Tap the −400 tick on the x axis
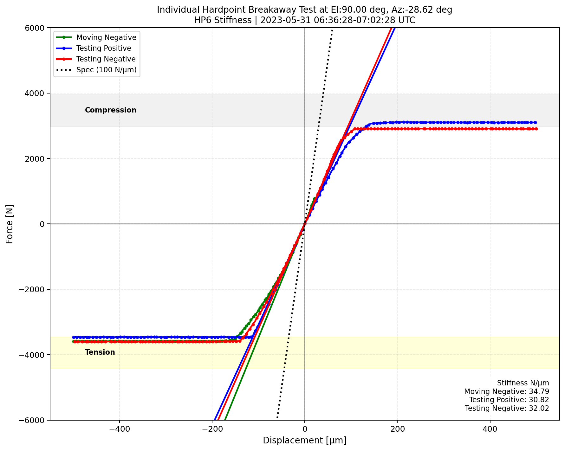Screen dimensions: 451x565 point(119,429)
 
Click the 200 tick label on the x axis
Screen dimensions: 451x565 point(397,429)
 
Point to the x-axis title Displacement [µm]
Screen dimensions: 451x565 point(304,441)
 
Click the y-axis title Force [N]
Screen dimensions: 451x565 point(10,224)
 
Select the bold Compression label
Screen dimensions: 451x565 point(111,110)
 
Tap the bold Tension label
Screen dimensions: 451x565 point(100,352)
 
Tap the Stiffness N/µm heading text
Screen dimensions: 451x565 point(523,383)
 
